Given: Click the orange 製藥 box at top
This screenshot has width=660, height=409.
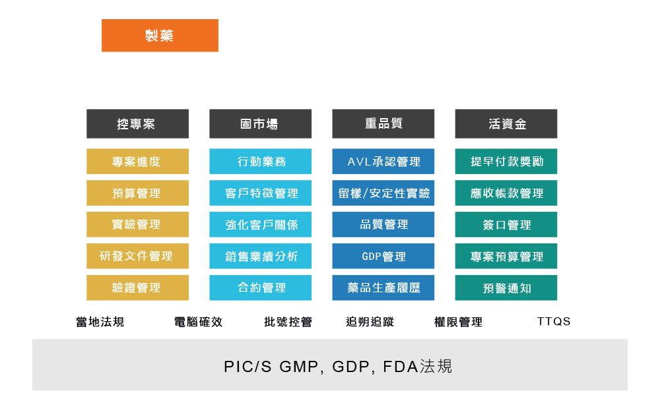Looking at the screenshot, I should [x=160, y=36].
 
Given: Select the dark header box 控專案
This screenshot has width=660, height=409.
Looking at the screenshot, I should [x=137, y=124].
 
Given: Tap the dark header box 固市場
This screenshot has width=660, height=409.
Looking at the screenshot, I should [x=260, y=124].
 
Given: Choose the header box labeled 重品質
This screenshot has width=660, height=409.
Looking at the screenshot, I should [x=383, y=124].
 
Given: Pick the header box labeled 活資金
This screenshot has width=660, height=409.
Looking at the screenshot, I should [x=506, y=124].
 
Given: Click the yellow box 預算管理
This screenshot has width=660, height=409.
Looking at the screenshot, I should [x=137, y=193].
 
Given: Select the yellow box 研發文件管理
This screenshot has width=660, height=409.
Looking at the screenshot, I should [x=137, y=256].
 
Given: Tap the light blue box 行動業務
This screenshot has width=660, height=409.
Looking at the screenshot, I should [x=260, y=162].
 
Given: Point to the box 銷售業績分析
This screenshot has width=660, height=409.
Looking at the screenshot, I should [x=260, y=256].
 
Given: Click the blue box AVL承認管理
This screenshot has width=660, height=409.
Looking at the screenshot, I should [x=383, y=162].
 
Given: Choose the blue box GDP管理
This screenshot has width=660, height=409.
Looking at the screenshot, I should [x=383, y=256].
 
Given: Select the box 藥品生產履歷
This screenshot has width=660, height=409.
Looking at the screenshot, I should [x=383, y=288].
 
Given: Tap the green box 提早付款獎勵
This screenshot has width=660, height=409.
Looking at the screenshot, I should [x=506, y=162].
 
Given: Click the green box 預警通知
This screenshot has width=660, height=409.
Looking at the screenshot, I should [x=506, y=288].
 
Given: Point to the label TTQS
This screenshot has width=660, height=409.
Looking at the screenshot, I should [x=553, y=322].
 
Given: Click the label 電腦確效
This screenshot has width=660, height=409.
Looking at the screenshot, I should [x=198, y=322].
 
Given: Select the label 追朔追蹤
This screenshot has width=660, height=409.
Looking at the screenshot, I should [x=370, y=322].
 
